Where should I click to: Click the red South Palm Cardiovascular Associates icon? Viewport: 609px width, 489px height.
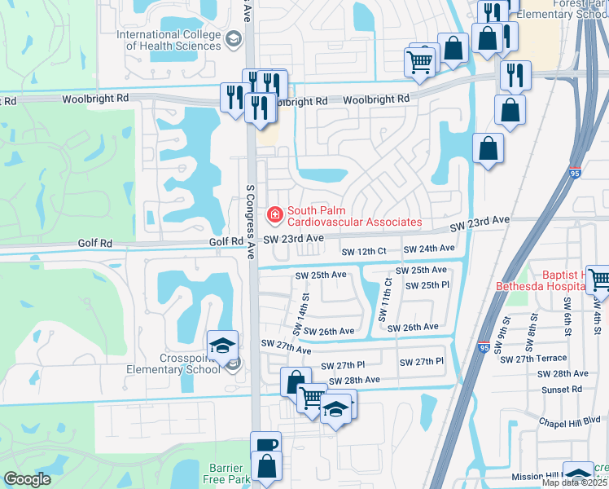point(274,214)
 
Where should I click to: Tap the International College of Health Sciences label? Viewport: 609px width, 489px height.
point(169,40)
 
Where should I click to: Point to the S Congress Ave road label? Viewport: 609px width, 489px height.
point(251,215)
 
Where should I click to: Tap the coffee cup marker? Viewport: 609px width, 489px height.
point(265,445)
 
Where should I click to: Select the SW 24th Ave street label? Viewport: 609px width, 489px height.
point(429,249)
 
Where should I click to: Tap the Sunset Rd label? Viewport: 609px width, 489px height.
point(562,390)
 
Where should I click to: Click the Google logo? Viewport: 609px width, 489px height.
point(28,479)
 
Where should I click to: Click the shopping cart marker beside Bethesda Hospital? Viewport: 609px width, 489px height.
point(598,280)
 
